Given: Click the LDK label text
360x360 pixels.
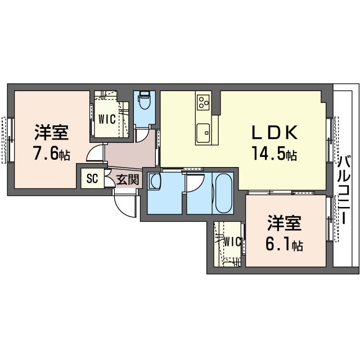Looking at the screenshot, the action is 274,133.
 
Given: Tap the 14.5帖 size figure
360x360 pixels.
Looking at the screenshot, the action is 274,153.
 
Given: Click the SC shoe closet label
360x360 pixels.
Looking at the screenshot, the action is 92,178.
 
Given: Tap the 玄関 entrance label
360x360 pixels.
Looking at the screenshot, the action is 128,179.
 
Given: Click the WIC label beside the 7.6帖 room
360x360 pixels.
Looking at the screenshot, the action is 107,119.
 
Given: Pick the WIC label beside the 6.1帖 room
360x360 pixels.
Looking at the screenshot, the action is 232,241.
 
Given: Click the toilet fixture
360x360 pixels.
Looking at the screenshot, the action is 145,100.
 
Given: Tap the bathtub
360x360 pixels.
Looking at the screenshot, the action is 223,193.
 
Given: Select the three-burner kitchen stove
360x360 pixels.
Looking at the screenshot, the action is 202,102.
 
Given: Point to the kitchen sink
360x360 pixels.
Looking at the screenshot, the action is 203,133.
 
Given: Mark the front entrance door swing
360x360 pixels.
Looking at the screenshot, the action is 124,204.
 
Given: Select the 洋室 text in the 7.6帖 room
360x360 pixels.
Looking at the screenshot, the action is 52,133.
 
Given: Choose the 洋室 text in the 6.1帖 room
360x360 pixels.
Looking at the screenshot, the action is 284,223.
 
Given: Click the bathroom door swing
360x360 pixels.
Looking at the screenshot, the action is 195,183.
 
